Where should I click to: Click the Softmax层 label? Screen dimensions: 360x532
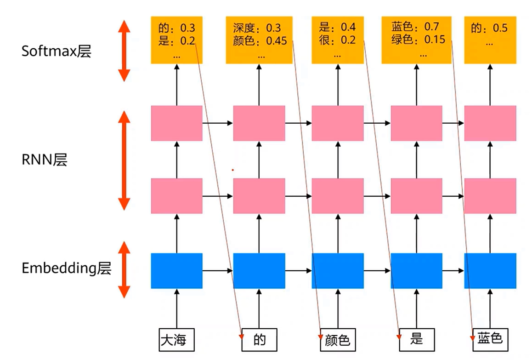tap(57, 51)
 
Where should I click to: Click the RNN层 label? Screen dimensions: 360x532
tap(44, 160)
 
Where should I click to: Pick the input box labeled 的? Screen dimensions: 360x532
tap(260, 340)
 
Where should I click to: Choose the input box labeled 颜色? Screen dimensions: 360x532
tap(337, 340)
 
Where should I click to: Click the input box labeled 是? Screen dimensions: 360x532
tap(416, 340)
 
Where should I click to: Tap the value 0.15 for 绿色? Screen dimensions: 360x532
tap(435, 40)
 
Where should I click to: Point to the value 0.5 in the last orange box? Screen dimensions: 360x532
tap(500, 28)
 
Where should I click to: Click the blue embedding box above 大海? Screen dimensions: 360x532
tap(176, 271)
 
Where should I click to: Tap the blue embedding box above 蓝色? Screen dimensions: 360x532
tap(490, 271)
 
